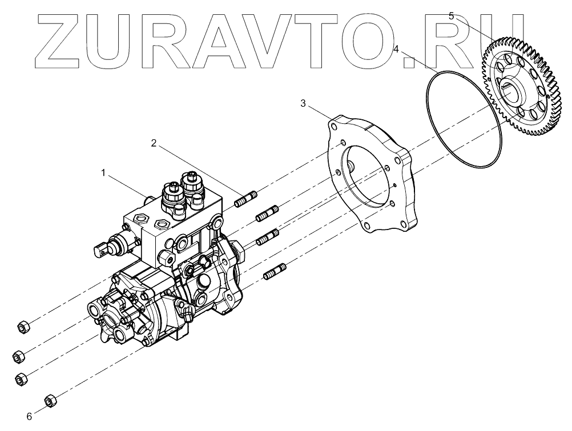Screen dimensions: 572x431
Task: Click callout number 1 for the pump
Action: click(103, 172)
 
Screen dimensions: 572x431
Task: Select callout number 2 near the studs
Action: click(154, 143)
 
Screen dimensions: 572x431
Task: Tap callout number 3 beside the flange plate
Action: click(304, 103)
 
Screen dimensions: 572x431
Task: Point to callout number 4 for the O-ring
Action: click(396, 50)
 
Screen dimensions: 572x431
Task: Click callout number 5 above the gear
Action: click(451, 16)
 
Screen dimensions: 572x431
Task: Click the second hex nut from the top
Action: click(18, 356)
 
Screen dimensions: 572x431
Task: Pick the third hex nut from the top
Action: click(21, 378)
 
